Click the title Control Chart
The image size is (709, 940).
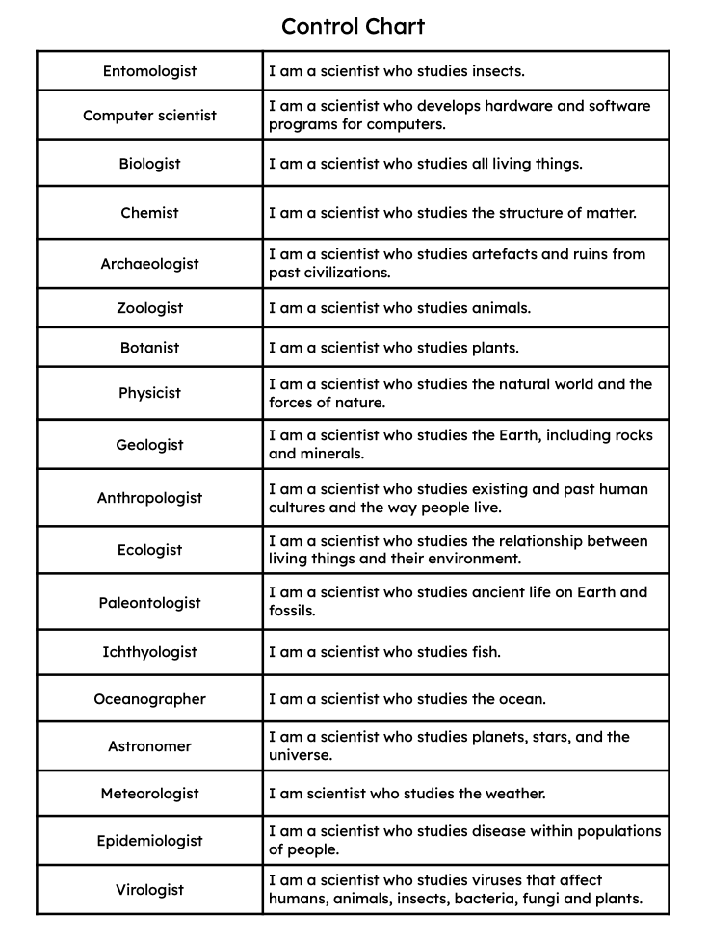click(353, 26)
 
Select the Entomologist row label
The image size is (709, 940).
click(149, 71)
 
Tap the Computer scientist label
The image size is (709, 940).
click(149, 116)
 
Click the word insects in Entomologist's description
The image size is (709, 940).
click(496, 71)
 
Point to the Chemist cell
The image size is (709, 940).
click(149, 213)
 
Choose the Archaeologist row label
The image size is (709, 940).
click(149, 264)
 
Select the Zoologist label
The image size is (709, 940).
click(149, 308)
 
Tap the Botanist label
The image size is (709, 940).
click(149, 348)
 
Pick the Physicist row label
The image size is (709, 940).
click(149, 393)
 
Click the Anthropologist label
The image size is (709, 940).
click(149, 498)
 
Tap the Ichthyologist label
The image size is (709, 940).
click(149, 652)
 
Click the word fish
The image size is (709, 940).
click(486, 652)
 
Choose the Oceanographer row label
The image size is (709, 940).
click(149, 699)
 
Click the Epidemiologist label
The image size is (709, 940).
click(149, 841)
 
